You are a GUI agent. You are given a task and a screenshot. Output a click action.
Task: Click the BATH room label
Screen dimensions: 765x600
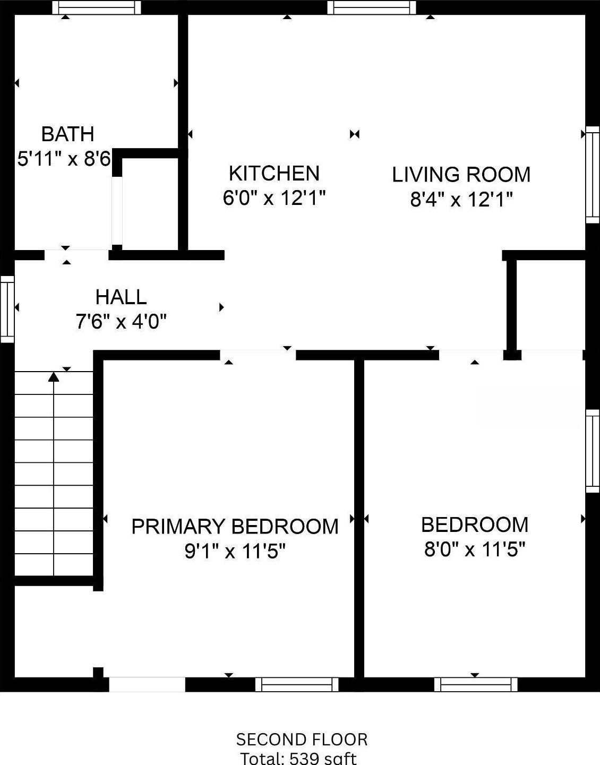coord(67,134)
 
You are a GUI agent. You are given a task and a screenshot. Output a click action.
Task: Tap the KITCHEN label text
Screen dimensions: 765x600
coord(274,173)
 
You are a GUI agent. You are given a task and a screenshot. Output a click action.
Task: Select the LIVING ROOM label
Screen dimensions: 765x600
coord(461,175)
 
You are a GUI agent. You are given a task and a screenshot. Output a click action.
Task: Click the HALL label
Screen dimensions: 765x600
coord(121,297)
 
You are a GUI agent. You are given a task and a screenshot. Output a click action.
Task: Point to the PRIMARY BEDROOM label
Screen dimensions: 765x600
coord(235,526)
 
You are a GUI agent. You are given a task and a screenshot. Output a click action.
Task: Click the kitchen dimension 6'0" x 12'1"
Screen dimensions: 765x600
coord(274,198)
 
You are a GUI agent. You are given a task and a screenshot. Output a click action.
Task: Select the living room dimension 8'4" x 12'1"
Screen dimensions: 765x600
coord(461,200)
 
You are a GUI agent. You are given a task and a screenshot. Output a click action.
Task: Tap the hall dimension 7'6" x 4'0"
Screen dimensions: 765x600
coord(121,322)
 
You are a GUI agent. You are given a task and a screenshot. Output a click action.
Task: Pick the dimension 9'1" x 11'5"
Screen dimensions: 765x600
coord(235,552)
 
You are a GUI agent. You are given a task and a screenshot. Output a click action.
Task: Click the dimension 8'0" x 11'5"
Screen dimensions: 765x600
coord(474,549)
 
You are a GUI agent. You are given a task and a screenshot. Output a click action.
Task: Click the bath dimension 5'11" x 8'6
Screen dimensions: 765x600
coord(64,159)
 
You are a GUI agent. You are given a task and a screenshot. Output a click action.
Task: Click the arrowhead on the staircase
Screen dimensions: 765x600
coord(54,377)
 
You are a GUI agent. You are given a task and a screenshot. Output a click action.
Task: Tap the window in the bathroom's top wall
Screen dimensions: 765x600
coord(97,7)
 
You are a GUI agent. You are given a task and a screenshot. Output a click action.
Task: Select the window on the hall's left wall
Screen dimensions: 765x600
coord(7,309)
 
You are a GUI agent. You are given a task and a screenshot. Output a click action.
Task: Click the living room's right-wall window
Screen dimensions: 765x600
coord(593,175)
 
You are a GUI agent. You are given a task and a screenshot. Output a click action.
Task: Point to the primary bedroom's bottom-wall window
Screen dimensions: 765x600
coord(297,684)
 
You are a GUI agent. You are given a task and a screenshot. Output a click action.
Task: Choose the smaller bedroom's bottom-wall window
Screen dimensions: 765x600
coord(476,684)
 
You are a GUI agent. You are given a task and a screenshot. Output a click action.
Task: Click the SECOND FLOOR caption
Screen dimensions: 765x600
coord(302,740)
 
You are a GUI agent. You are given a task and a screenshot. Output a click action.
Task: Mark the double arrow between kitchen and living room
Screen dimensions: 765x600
coord(355,134)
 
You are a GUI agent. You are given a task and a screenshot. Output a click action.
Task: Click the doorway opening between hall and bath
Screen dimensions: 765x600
coord(76,255)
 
